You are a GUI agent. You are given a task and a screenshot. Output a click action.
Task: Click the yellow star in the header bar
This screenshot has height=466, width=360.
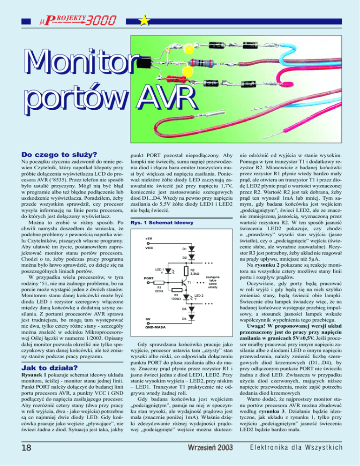pos(144,20)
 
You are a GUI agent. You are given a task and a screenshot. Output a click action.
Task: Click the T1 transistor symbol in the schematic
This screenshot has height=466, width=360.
pos(183,282)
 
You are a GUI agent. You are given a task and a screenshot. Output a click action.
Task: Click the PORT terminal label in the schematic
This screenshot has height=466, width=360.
pos(149,278)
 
